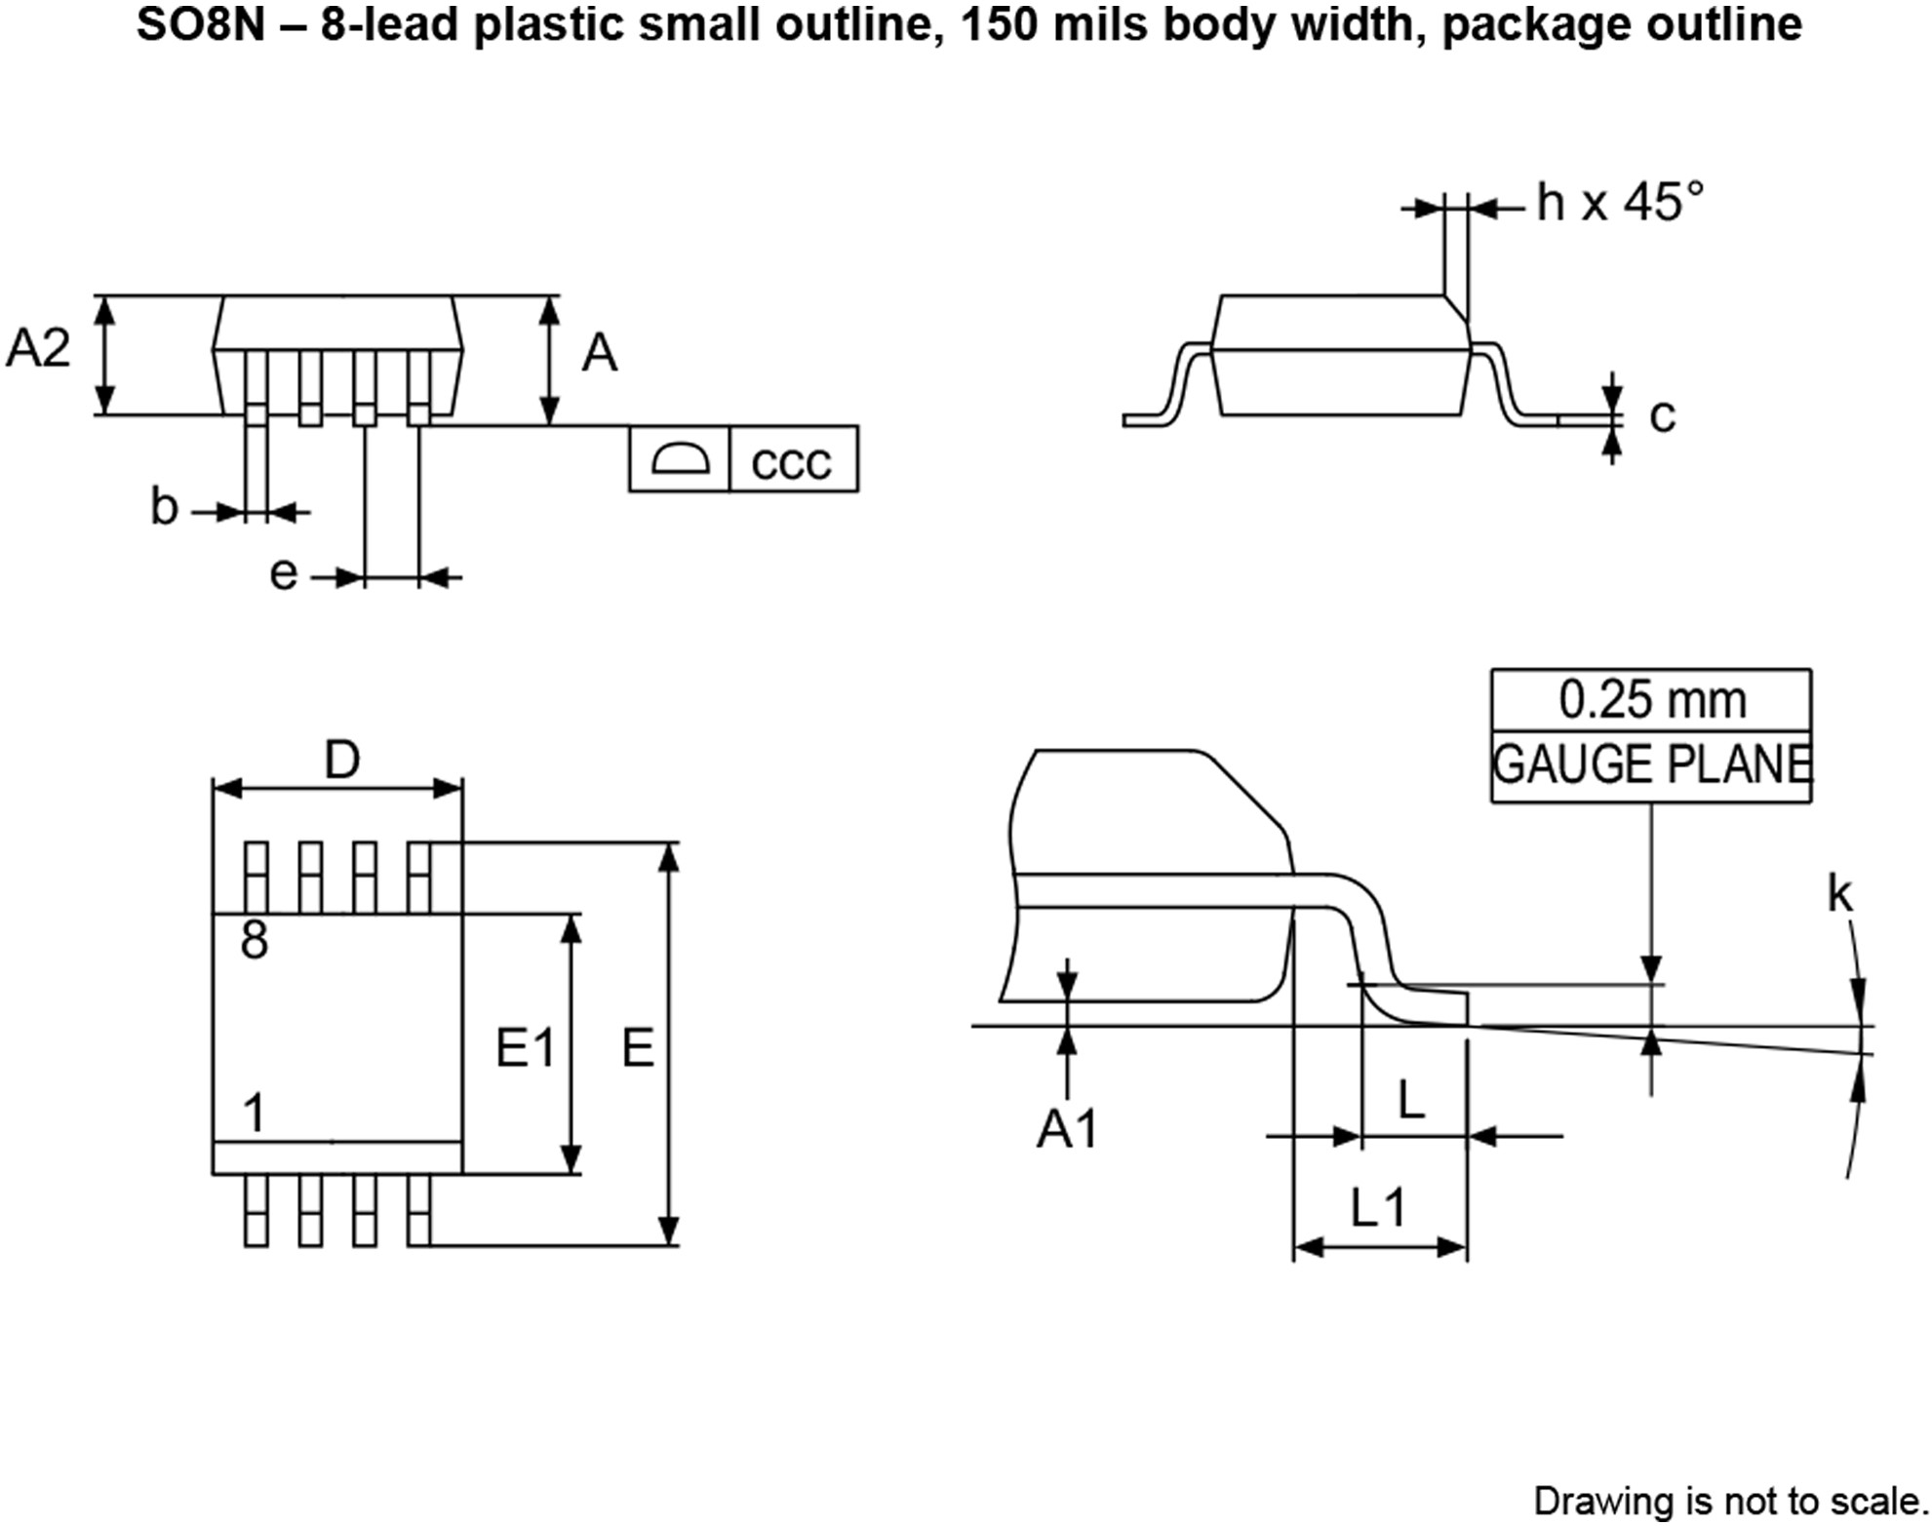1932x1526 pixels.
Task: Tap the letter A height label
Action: tap(600, 353)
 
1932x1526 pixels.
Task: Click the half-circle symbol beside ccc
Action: tap(680, 458)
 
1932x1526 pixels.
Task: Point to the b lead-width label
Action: tap(164, 506)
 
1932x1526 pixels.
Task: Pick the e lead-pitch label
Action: tap(283, 574)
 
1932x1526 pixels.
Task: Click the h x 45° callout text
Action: tap(1620, 203)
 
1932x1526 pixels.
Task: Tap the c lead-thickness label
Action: tap(1662, 416)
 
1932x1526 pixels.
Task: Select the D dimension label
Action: tap(341, 760)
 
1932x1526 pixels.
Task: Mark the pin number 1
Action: tap(255, 1113)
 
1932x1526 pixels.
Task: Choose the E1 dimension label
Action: tap(526, 1049)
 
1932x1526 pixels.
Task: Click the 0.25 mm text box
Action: tap(1651, 700)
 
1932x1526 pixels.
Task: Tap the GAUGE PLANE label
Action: tap(1651, 764)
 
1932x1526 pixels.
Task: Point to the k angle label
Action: tap(1839, 894)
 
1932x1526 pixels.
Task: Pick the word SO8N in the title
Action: tap(200, 24)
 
